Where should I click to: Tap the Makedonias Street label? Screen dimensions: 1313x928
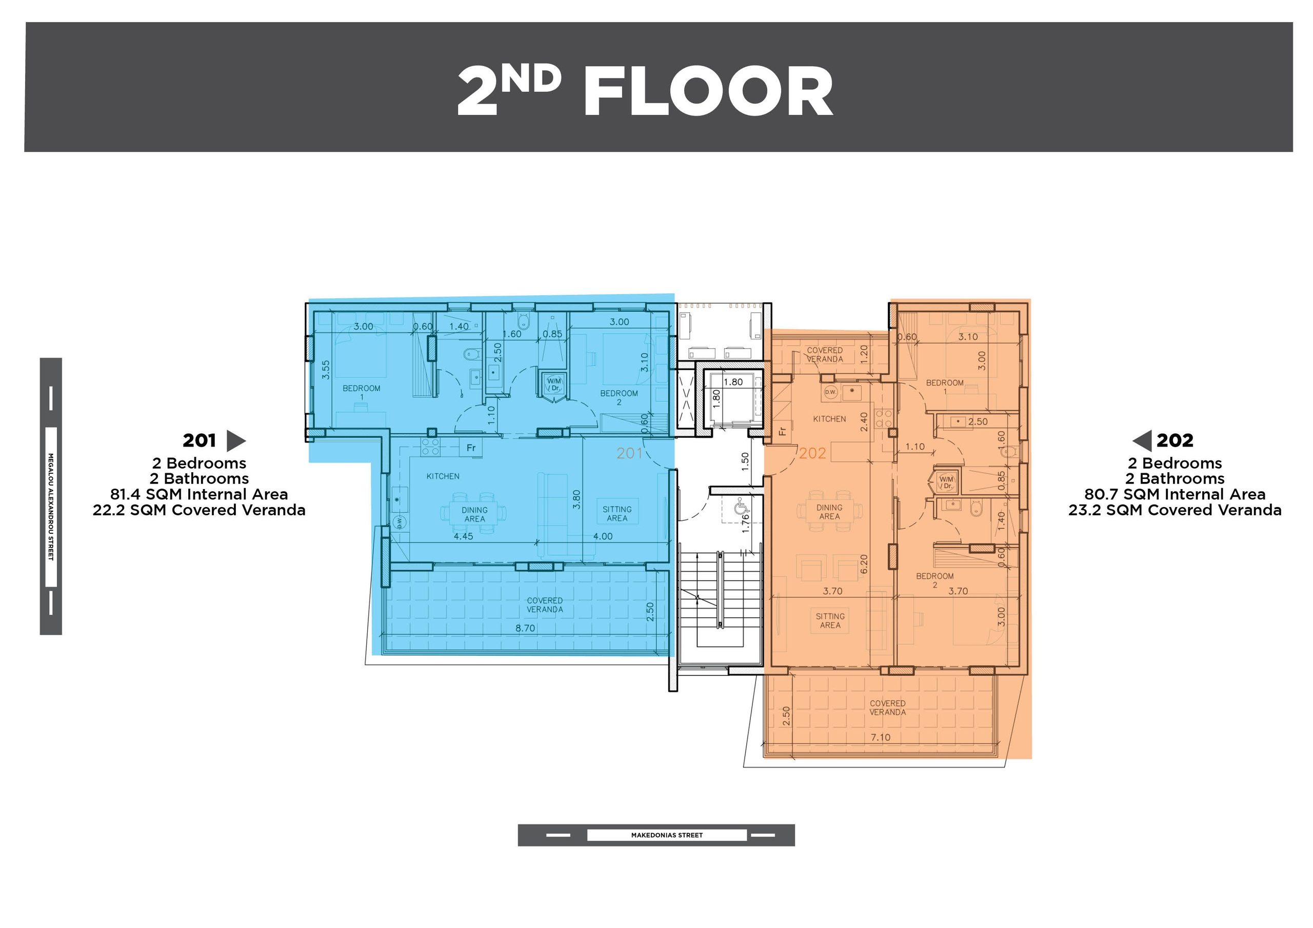point(667,835)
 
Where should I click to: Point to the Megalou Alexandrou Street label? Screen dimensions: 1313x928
point(50,507)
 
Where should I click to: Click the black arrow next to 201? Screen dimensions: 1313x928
point(236,441)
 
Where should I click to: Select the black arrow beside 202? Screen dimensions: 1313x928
point(1142,441)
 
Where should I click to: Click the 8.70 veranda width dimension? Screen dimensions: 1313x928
point(525,628)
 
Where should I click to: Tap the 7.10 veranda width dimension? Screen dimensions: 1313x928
point(880,738)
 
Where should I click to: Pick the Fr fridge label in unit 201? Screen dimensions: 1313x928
point(471,448)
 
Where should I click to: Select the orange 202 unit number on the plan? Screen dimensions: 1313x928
point(812,453)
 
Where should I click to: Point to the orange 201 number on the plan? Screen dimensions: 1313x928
point(630,453)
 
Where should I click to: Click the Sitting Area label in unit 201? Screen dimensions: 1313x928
point(617,513)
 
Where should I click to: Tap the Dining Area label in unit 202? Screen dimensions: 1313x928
point(829,512)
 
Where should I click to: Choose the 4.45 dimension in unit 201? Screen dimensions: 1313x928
point(463,536)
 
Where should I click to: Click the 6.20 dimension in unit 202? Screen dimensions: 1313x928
point(864,564)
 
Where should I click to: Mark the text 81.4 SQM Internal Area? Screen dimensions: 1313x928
point(199,494)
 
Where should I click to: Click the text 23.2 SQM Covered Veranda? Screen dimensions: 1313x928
point(1175,510)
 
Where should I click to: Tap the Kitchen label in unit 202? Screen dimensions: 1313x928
point(829,419)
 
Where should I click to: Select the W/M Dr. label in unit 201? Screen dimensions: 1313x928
point(554,384)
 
